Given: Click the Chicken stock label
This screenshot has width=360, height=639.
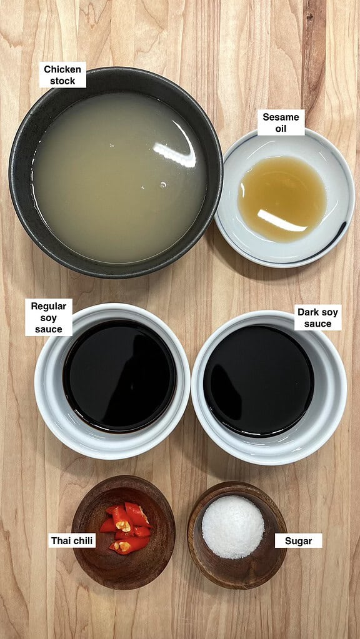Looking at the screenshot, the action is click(62, 74).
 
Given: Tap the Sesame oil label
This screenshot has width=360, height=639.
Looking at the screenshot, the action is click(281, 122).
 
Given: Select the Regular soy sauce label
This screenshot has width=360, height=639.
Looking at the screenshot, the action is click(49, 317).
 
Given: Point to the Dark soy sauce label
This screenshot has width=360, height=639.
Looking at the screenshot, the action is click(318, 317).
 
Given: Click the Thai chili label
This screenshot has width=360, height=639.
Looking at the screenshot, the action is click(72, 541).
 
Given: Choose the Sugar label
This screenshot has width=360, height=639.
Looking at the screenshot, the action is click(298, 541).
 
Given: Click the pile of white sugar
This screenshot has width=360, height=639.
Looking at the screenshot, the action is click(232, 527).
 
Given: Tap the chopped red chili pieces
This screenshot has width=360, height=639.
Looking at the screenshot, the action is click(125, 528).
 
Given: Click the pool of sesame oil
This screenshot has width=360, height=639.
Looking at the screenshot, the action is click(282, 199).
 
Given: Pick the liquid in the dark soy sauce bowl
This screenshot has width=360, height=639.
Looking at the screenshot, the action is click(259, 380).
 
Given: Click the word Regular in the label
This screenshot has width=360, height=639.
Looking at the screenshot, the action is click(49, 306).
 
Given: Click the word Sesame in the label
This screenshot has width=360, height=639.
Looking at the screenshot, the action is click(281, 117).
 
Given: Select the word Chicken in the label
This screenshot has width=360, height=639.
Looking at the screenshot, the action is click(62, 69).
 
